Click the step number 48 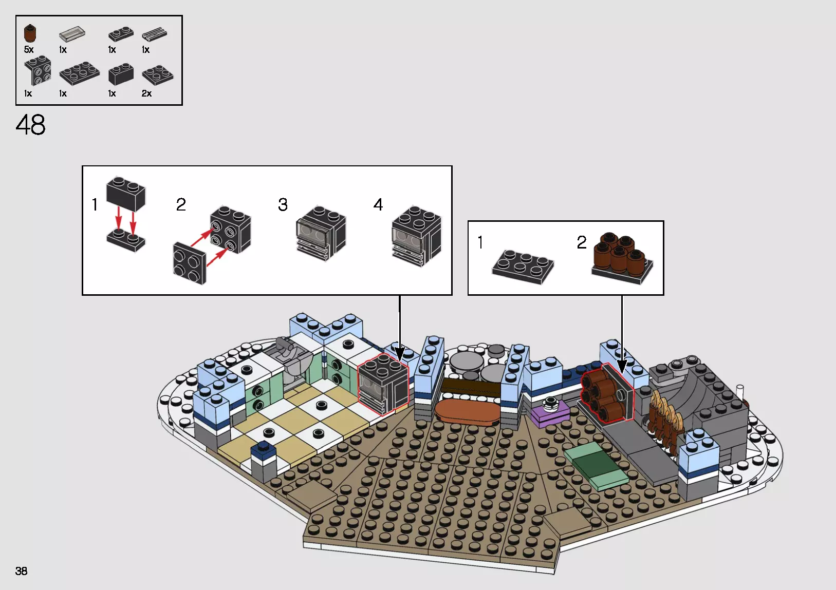pyautogui.click(x=30, y=125)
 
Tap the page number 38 pyautogui.click(x=21, y=571)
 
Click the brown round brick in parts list pyautogui.click(x=30, y=34)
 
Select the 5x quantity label pyautogui.click(x=29, y=50)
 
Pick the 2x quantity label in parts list pyautogui.click(x=146, y=93)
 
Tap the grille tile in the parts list pyautogui.click(x=154, y=34)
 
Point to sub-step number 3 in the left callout pyautogui.click(x=283, y=205)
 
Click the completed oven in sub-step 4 pyautogui.click(x=416, y=236)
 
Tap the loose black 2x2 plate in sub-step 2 pyautogui.click(x=189, y=263)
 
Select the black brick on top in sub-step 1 pyautogui.click(x=126, y=194)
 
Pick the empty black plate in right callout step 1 pyautogui.click(x=523, y=266)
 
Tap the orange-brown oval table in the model pyautogui.click(x=467, y=412)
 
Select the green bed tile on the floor pyautogui.click(x=596, y=465)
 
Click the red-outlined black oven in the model pyautogui.click(x=383, y=384)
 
